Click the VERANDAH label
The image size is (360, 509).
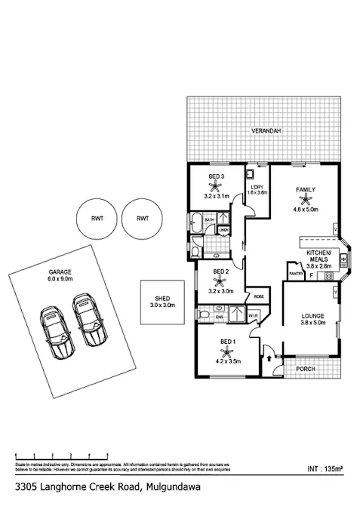pos(266,131)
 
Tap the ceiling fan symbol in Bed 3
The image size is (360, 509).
pos(217,186)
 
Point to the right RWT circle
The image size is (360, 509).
pos(141,218)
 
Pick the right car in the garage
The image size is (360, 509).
pos(89,320)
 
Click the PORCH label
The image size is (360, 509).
pos(305,369)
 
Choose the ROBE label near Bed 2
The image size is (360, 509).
pos(258,296)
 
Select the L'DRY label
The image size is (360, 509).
pos(257,186)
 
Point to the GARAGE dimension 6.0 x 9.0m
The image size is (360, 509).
pos(54,280)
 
